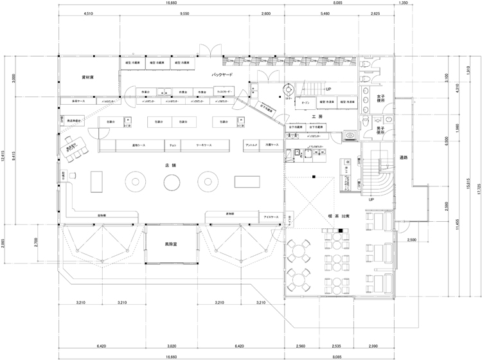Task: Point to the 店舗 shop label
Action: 170,166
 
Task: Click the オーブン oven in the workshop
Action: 305,102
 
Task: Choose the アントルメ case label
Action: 252,146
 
